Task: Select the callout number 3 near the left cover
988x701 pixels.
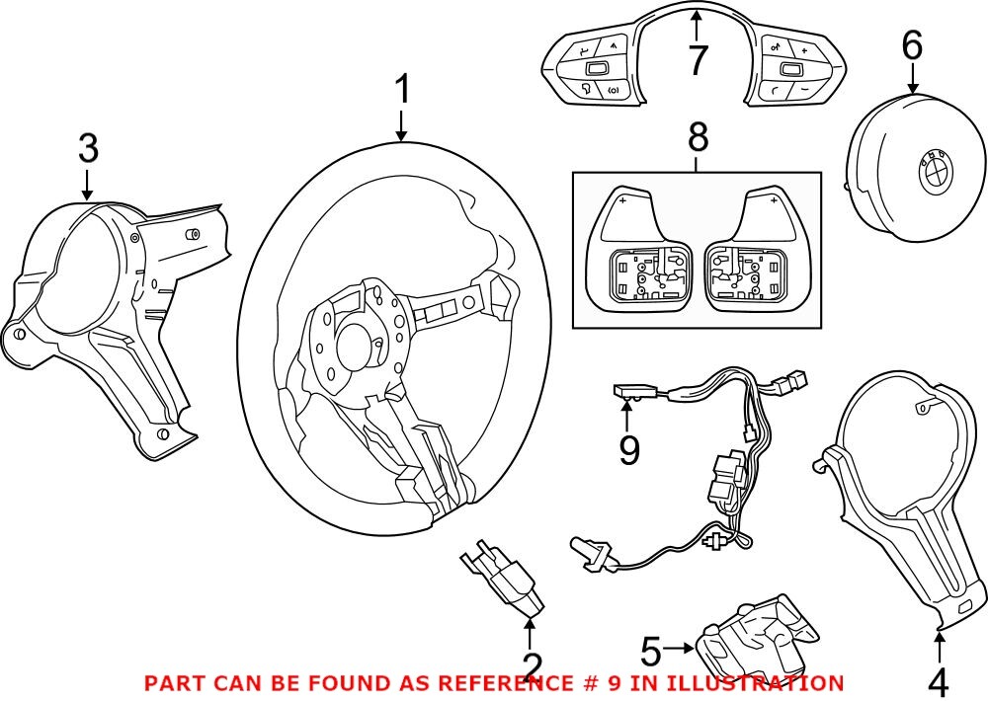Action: pos(88,149)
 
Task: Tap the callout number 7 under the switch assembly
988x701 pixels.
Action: pos(698,61)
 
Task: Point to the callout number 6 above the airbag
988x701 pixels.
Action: pos(911,45)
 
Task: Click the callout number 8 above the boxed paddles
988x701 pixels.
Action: pos(698,138)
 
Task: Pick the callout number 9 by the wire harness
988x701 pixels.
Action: pos(629,450)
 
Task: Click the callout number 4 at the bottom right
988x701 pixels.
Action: pos(938,680)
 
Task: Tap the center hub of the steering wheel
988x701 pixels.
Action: pos(356,346)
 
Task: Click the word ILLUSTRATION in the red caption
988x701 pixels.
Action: pos(758,682)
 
